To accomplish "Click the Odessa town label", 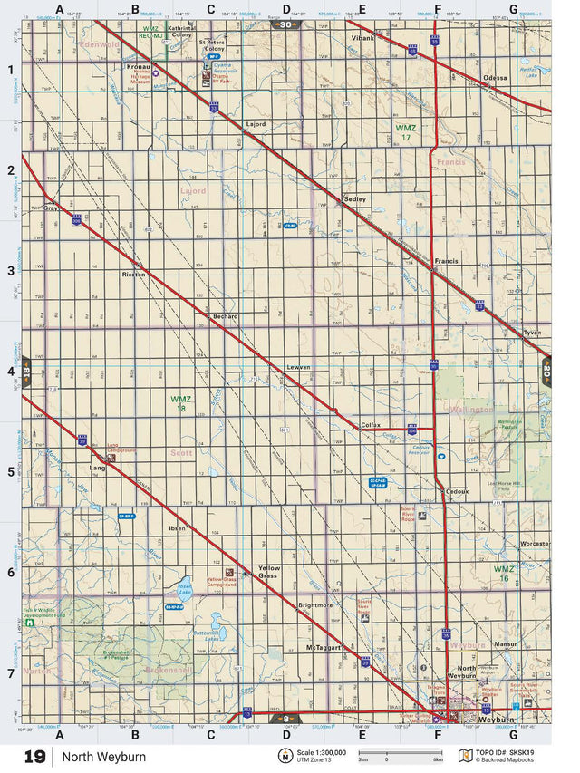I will point(496,78).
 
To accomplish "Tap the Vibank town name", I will point(362,39).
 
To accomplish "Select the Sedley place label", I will point(354,198).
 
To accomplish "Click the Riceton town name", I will point(133,274).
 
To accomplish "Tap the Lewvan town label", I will point(298,366).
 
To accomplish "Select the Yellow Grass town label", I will point(269,571).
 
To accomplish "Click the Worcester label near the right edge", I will point(535,543).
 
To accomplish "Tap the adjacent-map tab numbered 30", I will point(286,24).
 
